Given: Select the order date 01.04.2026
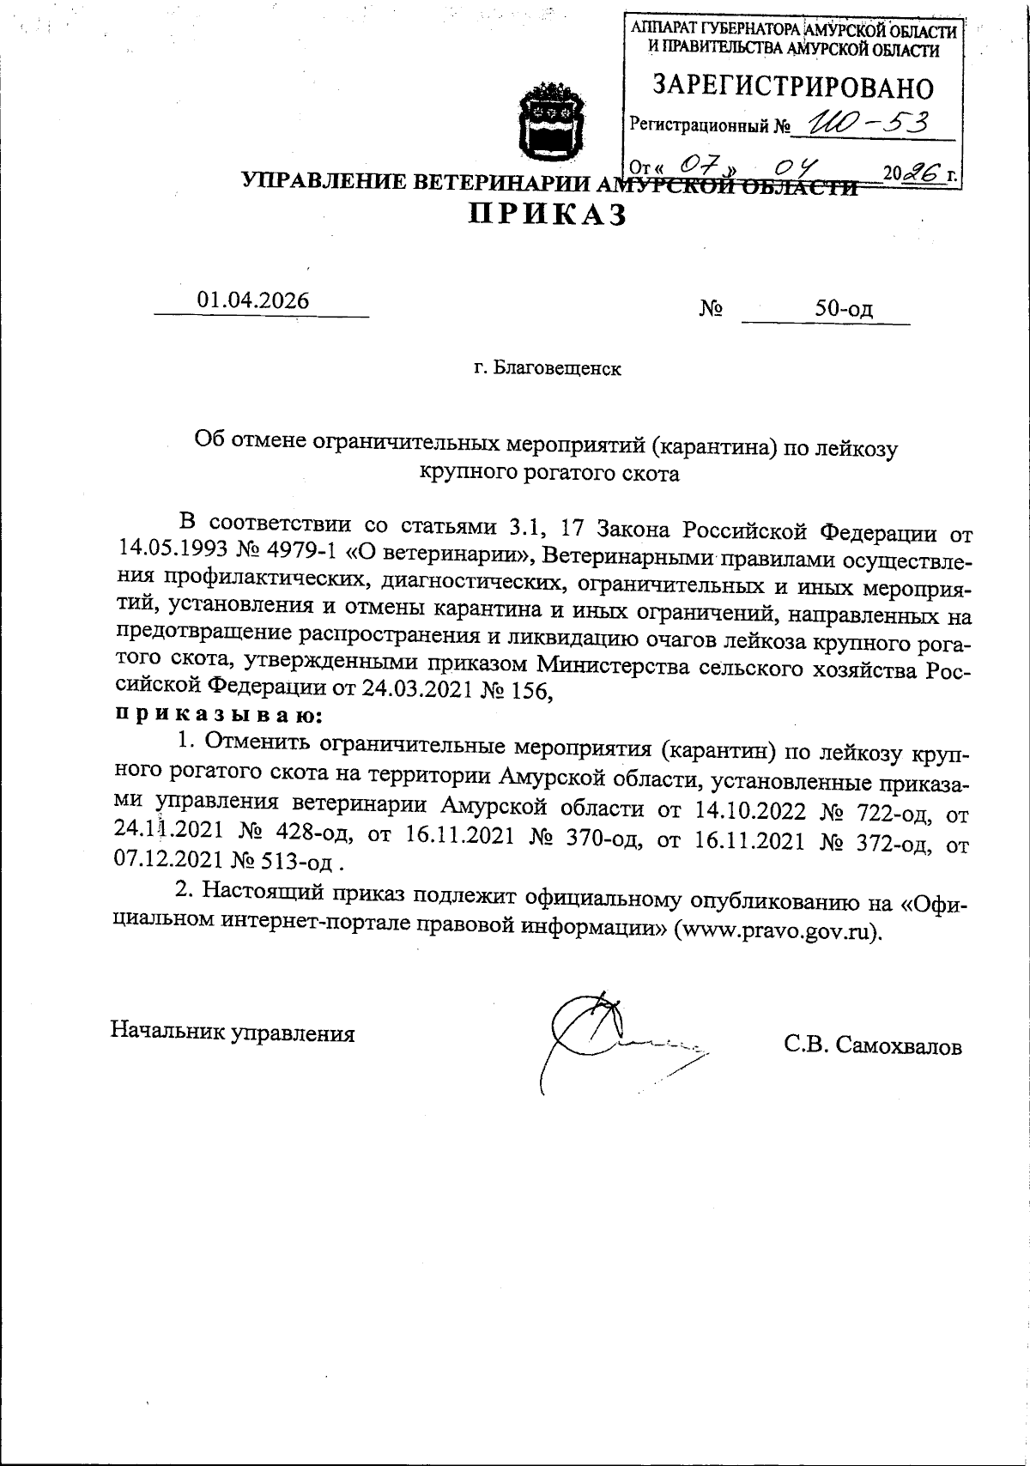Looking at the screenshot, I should click(x=253, y=300).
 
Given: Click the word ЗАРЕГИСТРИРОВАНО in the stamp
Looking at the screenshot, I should click(x=793, y=87).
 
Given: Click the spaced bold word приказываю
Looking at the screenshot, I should click(x=218, y=713).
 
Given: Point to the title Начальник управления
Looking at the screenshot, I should click(x=233, y=1033).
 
